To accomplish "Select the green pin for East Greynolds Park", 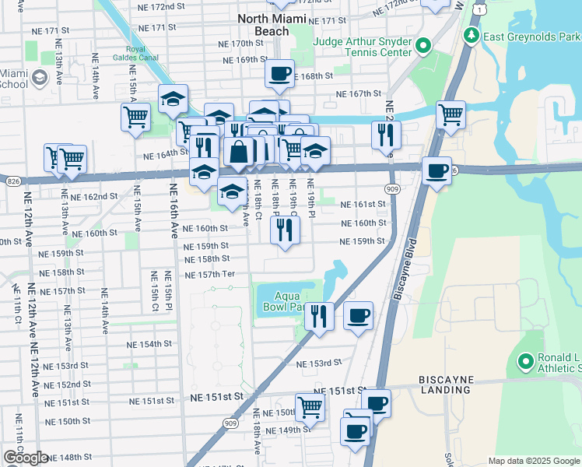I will pos(472,35).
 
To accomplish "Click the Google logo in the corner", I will pos(26,458).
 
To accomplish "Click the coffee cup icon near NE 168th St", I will pos(279,74).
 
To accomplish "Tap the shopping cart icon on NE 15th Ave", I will pos(135,118).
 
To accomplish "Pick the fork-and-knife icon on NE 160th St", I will pos(285,230).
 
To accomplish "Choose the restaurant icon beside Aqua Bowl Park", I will pos(319,316).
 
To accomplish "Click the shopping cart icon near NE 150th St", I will pos(310,406).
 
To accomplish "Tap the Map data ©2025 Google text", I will pos(533,461).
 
